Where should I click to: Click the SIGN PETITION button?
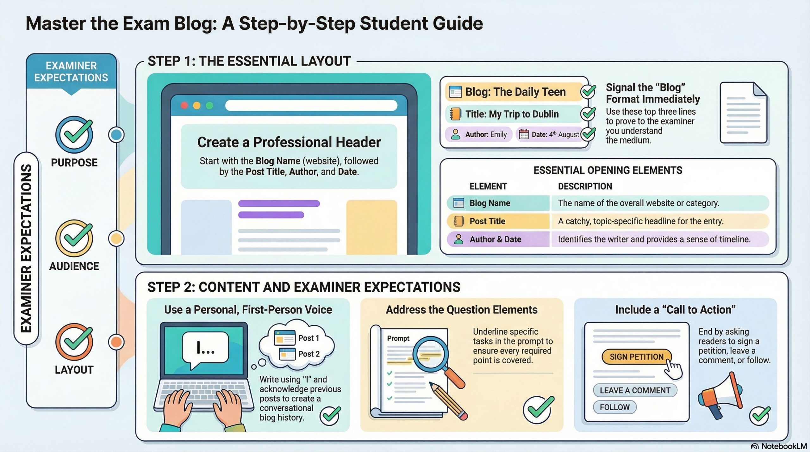636,357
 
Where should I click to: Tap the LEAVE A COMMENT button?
635,390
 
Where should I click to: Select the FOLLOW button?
614,407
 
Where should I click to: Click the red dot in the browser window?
184,105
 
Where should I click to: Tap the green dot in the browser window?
209,105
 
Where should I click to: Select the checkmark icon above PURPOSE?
74,134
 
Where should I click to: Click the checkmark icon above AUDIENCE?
74,238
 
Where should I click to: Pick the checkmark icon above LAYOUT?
74,342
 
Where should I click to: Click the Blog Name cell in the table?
498,203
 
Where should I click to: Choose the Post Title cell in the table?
498,221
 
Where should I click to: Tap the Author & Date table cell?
498,239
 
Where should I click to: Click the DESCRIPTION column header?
585,186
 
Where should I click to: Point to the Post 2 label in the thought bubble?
309,354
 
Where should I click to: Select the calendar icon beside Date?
524,134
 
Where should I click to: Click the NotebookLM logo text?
784,446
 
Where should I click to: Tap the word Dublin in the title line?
544,114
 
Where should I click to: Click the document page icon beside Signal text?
743,113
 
